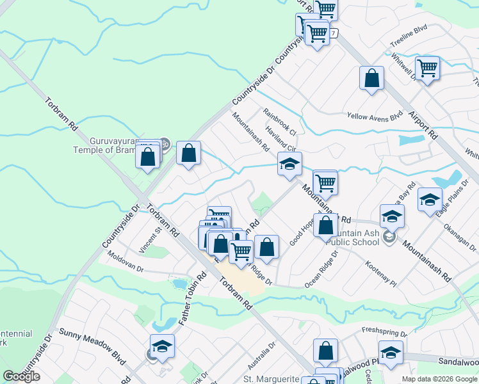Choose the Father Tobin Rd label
pyautogui.click(x=191, y=298)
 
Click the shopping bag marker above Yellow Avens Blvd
pyautogui.click(x=371, y=79)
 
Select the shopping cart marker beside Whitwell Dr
pyautogui.click(x=427, y=67)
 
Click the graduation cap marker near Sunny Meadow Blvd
pyautogui.click(x=163, y=346)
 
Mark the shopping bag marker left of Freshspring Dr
pyautogui.click(x=325, y=351)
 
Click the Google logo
pyautogui.click(x=22, y=376)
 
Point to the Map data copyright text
pyautogui.click(x=439, y=379)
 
